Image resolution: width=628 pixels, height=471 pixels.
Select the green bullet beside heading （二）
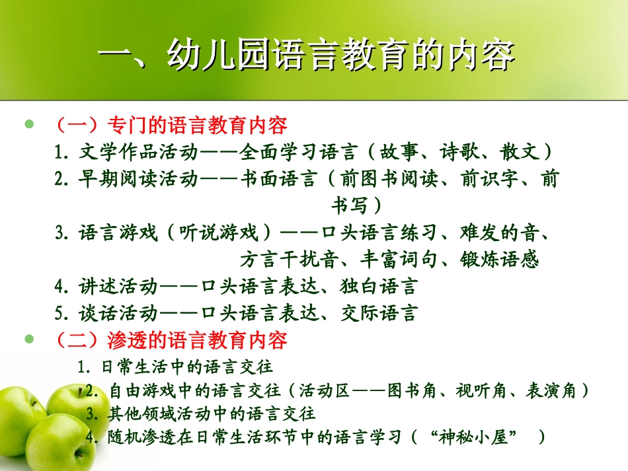pyautogui.click(x=28, y=340)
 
